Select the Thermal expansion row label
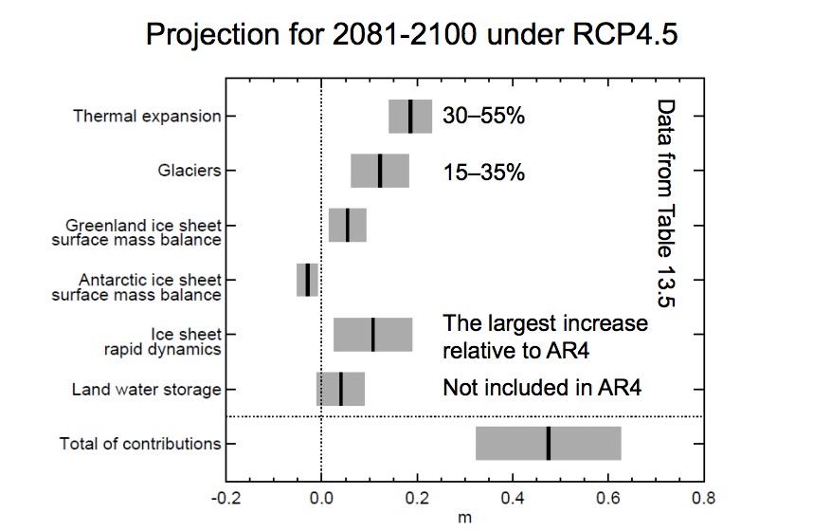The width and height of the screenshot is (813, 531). click(x=147, y=117)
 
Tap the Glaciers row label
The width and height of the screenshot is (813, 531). click(x=190, y=171)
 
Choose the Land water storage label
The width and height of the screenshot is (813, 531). click(x=147, y=389)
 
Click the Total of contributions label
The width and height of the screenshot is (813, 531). click(x=140, y=443)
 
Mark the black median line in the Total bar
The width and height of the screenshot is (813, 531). click(x=548, y=443)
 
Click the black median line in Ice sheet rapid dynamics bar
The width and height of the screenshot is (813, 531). click(x=372, y=335)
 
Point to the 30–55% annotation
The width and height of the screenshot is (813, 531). click(x=483, y=118)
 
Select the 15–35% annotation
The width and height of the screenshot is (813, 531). click(x=483, y=173)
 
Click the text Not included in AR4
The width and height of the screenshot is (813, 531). click(x=535, y=388)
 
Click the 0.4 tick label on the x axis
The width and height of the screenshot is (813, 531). click(x=513, y=496)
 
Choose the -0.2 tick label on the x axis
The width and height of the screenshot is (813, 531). click(x=225, y=496)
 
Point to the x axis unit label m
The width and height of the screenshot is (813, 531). click(x=464, y=518)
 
